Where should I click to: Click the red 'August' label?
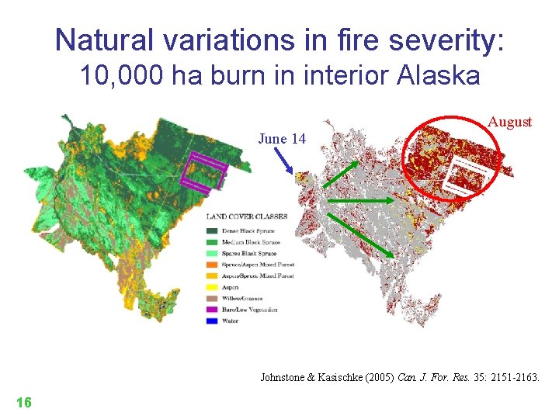[x=509, y=122]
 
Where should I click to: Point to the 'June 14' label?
[x=282, y=139]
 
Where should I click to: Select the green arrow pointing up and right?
[x=341, y=176]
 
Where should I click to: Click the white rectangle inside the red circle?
[x=468, y=175]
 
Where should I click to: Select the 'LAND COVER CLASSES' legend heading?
[x=247, y=216]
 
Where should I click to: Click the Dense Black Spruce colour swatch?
[x=212, y=231]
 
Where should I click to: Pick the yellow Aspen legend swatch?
[x=212, y=286]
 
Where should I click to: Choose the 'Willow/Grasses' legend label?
[x=242, y=297]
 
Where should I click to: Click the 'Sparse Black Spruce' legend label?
[x=249, y=254]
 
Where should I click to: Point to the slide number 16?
[x=23, y=402]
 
